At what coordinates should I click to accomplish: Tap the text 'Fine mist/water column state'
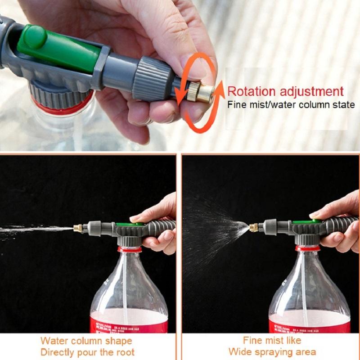(291, 105)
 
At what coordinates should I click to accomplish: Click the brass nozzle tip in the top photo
(204, 93)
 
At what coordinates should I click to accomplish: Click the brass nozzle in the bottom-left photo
(77, 228)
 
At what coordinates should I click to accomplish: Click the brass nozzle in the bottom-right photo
(254, 227)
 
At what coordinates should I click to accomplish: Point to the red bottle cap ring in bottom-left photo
(130, 249)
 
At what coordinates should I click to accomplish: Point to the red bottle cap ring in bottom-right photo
(308, 248)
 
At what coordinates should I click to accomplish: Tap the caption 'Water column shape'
(86, 341)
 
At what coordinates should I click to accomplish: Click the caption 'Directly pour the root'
(87, 352)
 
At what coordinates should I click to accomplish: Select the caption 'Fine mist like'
(272, 340)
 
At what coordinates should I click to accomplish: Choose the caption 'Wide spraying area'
(272, 351)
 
